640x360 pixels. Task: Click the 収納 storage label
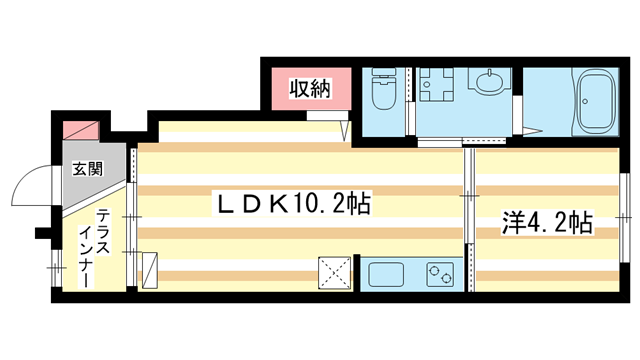[310, 88]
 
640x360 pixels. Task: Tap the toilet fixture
[383, 93]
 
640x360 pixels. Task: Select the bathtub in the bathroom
[598, 103]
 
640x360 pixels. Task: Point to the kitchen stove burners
[439, 273]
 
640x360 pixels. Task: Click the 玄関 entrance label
[85, 168]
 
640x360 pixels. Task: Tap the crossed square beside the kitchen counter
[332, 272]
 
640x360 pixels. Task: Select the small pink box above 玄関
[81, 131]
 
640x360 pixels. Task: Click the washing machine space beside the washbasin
[436, 90]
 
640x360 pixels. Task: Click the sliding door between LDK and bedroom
[467, 215]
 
